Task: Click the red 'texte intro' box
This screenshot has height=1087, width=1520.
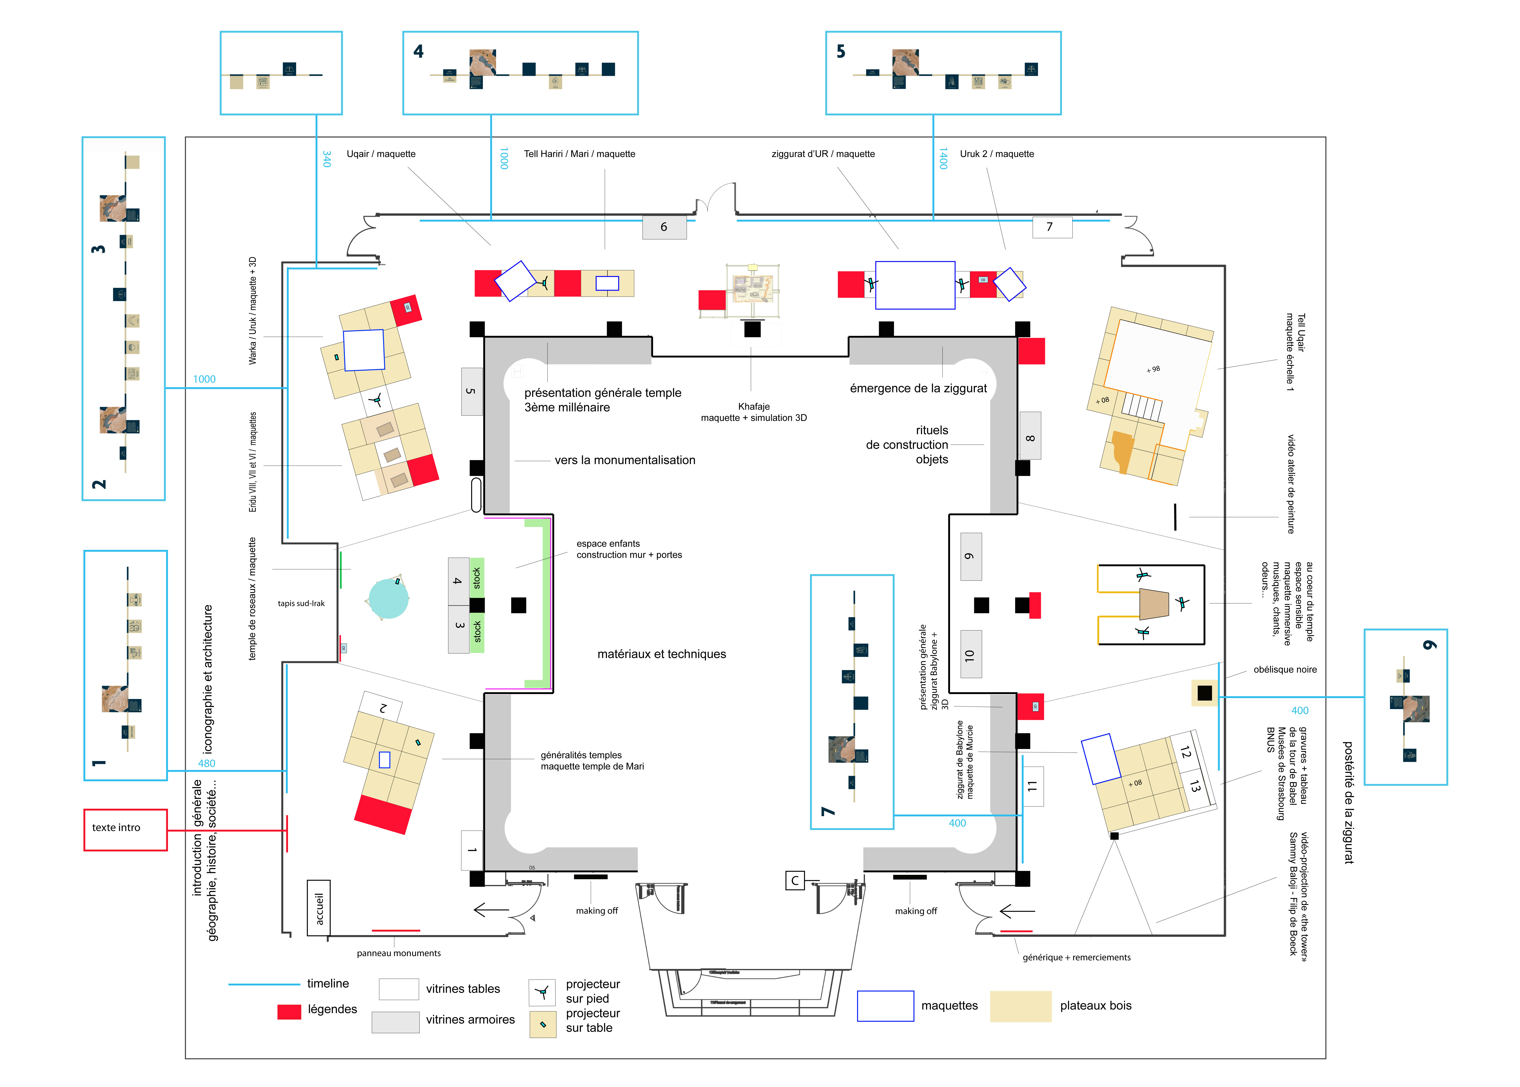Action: (125, 829)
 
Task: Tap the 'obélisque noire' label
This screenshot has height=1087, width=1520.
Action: (1284, 669)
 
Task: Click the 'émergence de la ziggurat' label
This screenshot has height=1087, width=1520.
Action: (918, 388)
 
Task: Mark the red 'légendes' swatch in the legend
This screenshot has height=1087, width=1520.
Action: (289, 1011)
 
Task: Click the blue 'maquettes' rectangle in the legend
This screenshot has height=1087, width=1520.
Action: (885, 1005)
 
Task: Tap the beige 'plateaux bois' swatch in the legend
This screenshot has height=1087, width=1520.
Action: (1020, 1005)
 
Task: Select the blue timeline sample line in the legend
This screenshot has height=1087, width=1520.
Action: (264, 984)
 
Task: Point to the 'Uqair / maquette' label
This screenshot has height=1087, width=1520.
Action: (381, 154)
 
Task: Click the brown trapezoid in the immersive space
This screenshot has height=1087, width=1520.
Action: (1154, 604)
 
